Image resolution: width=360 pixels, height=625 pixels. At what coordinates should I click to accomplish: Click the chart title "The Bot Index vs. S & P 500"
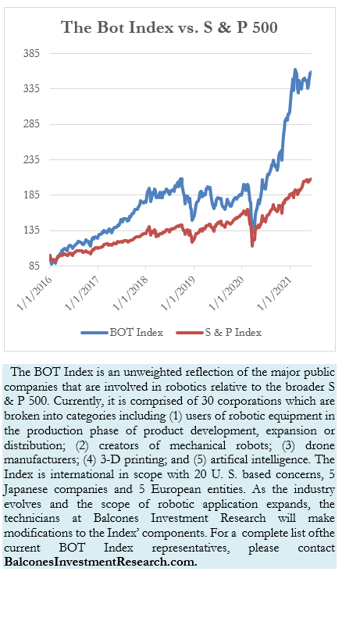[x=169, y=27]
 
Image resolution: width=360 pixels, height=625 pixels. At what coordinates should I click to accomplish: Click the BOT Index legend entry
[x=122, y=333]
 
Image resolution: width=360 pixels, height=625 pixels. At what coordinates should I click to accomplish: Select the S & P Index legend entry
[x=219, y=333]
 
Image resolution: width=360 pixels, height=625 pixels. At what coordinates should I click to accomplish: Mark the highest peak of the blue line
[x=295, y=70]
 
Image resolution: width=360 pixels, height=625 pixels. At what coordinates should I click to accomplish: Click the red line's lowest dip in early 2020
[x=252, y=245]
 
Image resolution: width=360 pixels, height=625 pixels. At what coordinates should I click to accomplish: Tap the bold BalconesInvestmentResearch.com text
[x=101, y=562]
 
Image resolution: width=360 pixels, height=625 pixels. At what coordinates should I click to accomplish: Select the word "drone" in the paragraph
[x=320, y=445]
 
